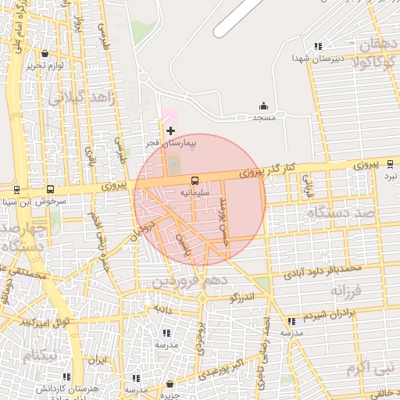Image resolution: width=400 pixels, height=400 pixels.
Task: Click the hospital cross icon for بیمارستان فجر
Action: pos(170,130)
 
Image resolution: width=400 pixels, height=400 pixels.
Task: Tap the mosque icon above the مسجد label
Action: pos(262,106)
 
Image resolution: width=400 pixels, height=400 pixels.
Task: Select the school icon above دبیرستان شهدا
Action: pos(317,47)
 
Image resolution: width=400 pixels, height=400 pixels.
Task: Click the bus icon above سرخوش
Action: pos(51,189)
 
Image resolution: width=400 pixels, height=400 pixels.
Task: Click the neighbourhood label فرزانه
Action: pos(347,291)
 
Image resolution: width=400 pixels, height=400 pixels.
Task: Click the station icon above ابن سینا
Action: pos(16,190)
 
